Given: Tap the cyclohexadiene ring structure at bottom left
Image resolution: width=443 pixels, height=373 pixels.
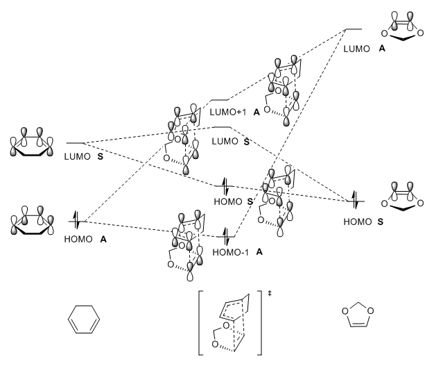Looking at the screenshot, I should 86,323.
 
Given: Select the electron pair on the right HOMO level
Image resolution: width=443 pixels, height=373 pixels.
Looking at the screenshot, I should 356,201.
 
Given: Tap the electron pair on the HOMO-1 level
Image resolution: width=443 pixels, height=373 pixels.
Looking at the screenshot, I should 225,234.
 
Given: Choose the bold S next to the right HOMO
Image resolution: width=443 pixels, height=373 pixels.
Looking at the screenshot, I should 381,220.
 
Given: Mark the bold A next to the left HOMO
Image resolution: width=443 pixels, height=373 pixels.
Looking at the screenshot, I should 104,240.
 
